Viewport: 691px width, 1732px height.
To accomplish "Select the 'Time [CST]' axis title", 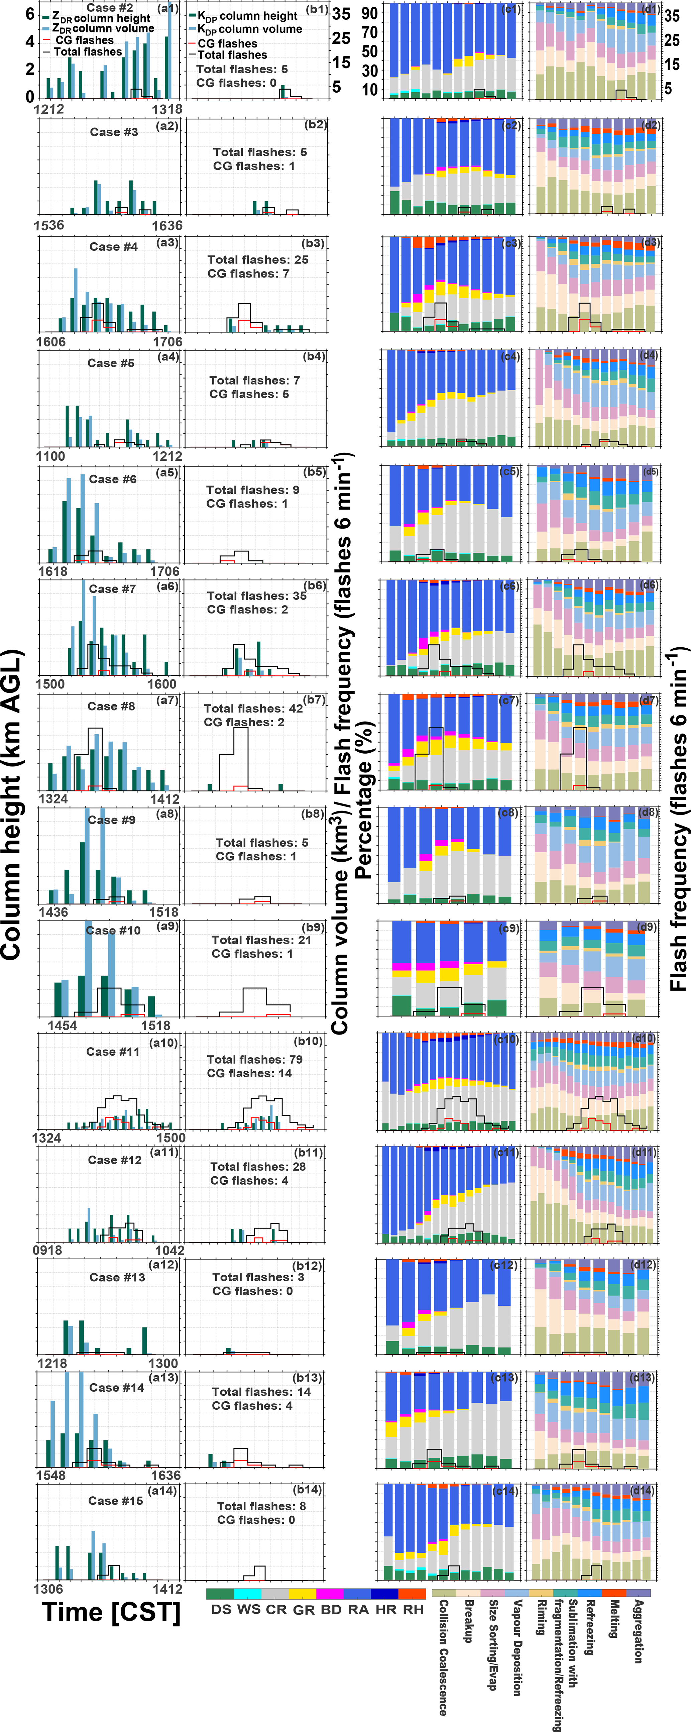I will coord(111,1612).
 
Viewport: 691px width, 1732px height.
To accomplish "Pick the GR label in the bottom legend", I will coord(304,1610).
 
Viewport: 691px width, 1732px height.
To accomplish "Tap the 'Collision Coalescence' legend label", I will coord(443,1657).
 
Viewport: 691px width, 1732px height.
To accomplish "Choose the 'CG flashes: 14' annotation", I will coord(249,1073).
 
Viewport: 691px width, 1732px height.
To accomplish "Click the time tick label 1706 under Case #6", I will coord(165,571).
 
